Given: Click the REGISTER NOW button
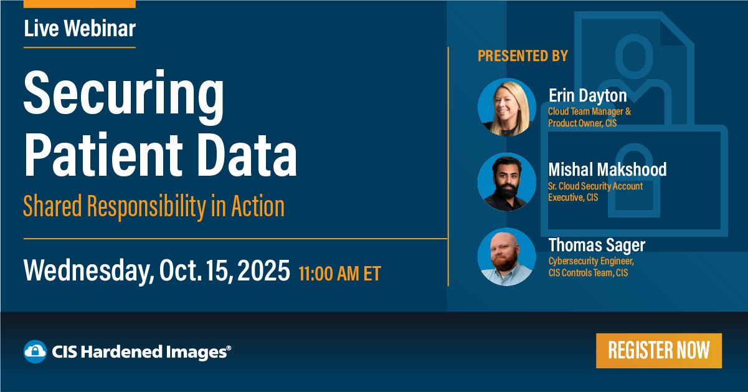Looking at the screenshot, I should [x=658, y=350].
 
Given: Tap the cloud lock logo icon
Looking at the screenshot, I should [x=35, y=351].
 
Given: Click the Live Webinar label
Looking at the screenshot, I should [x=80, y=28].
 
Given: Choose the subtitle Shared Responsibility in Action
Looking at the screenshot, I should [x=154, y=206].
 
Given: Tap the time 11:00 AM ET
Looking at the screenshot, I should [x=339, y=274].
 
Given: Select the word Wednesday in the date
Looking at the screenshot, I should [x=87, y=272].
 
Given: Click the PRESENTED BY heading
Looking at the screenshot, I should [x=523, y=56].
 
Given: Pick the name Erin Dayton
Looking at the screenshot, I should [x=587, y=96].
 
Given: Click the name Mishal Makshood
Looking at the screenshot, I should [x=607, y=170].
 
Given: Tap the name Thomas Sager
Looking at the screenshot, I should [x=596, y=245].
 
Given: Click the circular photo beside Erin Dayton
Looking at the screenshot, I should [x=507, y=107].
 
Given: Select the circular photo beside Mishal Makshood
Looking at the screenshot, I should [x=507, y=181].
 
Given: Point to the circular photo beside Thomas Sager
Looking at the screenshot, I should [x=507, y=257].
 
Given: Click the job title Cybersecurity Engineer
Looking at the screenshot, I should [x=590, y=261].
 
